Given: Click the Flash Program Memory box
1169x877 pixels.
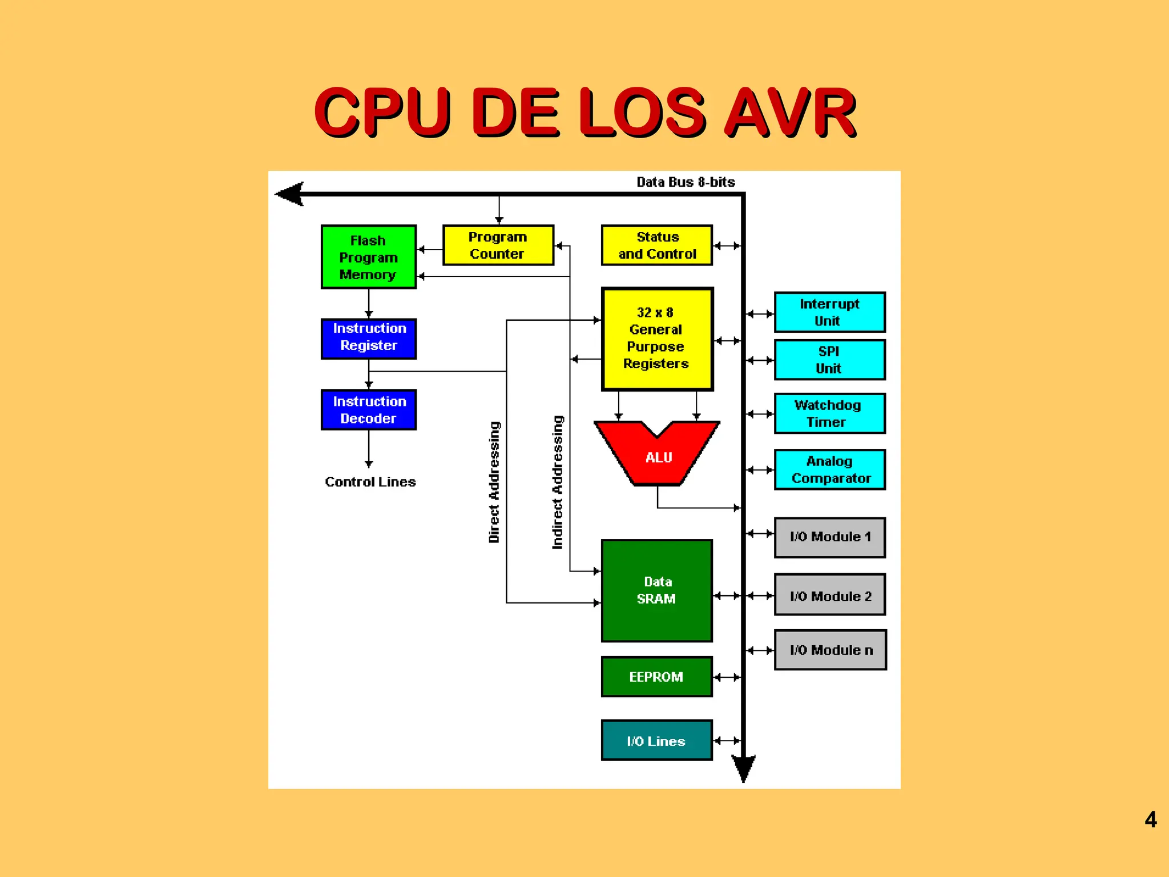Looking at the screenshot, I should tap(369, 257).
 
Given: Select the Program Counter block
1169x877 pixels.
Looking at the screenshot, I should tap(498, 246).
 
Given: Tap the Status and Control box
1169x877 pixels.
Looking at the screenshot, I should tap(657, 246).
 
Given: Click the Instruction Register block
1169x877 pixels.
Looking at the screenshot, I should tap(369, 339).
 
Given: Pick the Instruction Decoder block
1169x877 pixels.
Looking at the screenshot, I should tap(369, 410).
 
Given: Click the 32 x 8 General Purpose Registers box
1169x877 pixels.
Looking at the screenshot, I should tap(657, 339).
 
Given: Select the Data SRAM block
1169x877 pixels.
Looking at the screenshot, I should tap(657, 590).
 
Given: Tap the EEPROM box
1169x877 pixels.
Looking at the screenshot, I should tap(657, 677).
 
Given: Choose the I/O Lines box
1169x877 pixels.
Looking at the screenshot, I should tap(657, 741).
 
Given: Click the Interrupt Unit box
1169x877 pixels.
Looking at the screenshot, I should tap(829, 312).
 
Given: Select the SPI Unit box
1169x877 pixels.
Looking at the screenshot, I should tap(829, 360).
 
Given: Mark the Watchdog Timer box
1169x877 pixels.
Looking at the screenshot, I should tap(829, 413).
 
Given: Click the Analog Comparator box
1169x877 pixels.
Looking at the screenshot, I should tap(829, 469).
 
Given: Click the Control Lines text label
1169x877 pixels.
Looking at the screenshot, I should tap(370, 482).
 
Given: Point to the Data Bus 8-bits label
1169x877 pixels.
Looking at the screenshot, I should tap(686, 182).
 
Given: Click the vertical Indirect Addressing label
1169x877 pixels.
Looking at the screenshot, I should tap(558, 482).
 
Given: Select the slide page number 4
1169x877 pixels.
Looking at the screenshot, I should tap(1150, 820).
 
